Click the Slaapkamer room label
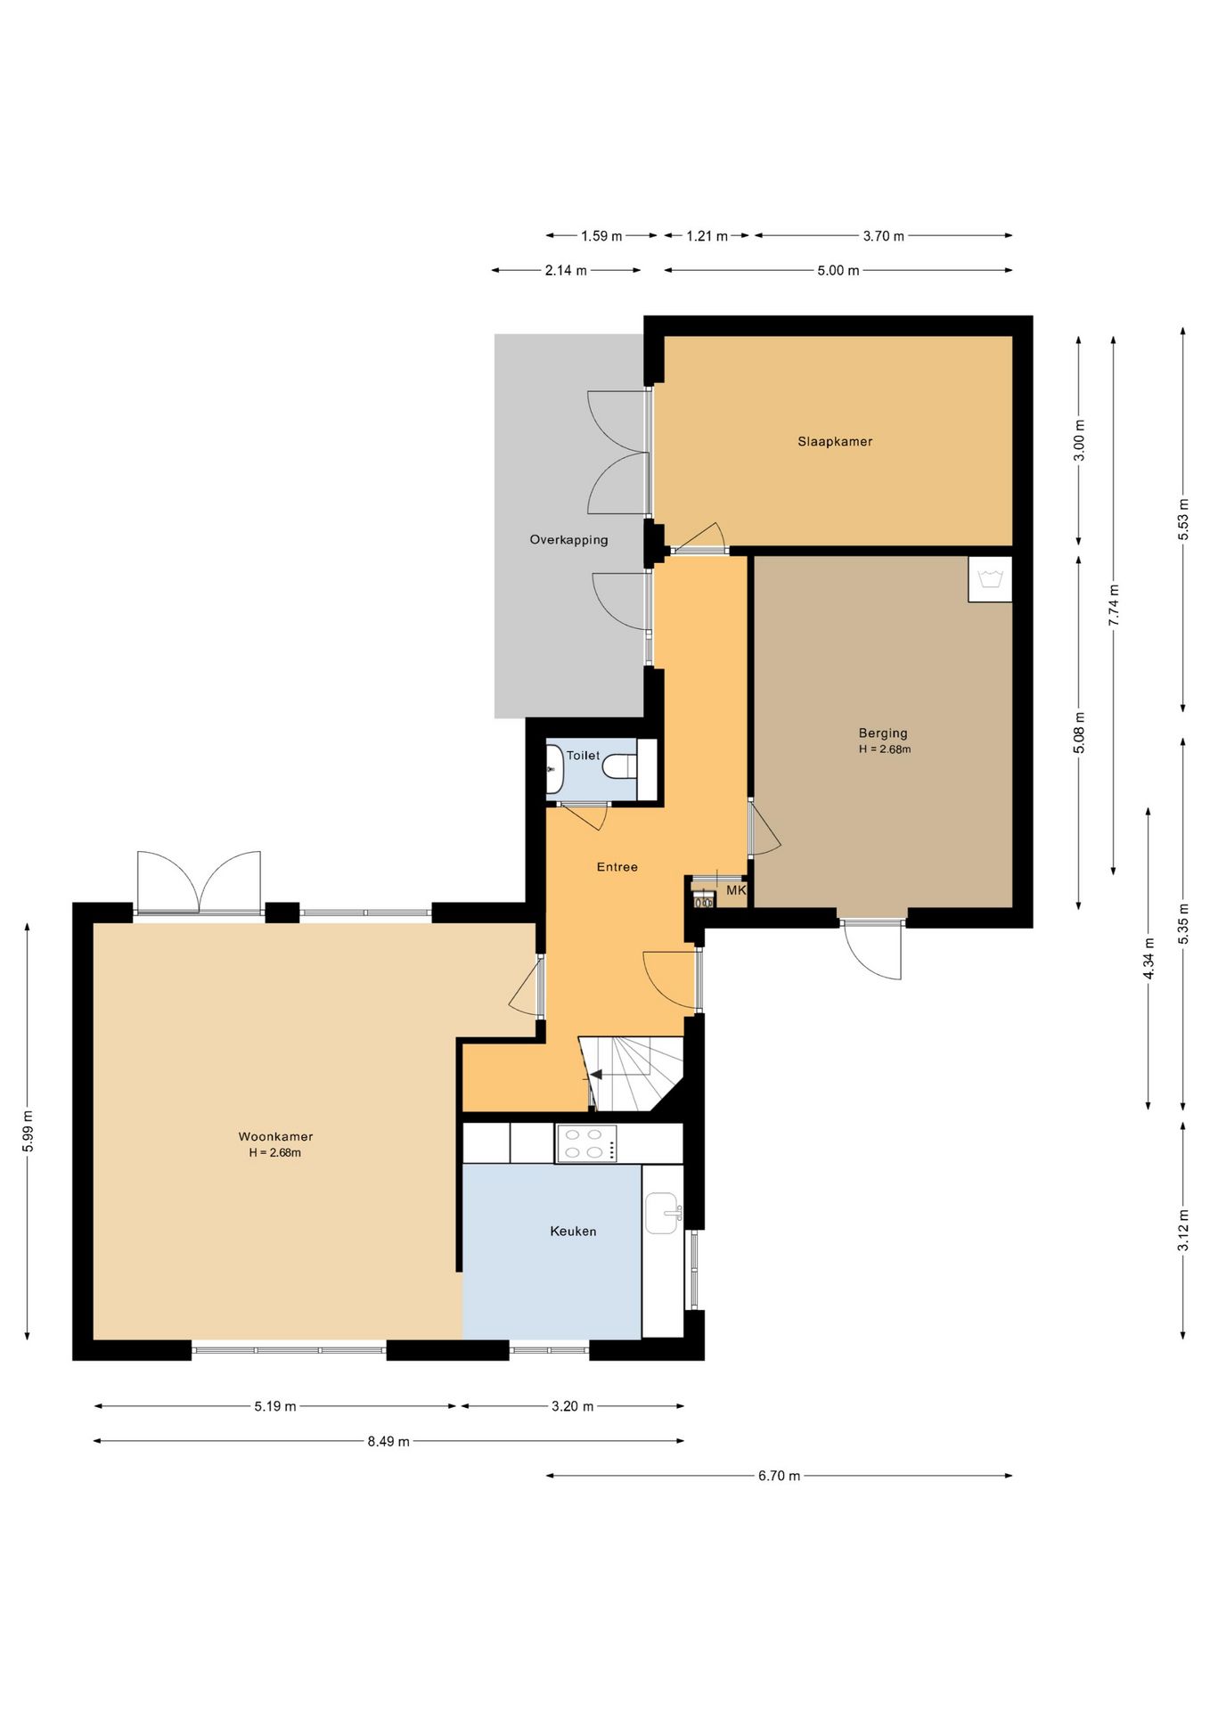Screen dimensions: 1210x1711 tap(835, 441)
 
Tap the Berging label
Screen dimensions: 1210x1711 tap(883, 733)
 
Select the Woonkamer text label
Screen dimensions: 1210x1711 tap(275, 1136)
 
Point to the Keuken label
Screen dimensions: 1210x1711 tap(573, 1231)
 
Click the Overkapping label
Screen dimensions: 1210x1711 tap(568, 539)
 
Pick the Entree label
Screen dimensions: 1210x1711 tap(617, 866)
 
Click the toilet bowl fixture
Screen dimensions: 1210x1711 tap(621, 765)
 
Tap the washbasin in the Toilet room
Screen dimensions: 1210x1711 tap(554, 768)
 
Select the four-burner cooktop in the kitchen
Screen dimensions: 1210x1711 tap(587, 1143)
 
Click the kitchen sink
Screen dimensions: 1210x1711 tap(663, 1213)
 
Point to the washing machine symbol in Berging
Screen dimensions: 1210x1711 tap(990, 579)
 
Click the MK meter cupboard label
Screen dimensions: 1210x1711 tap(736, 890)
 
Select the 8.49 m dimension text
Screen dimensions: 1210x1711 tap(388, 1441)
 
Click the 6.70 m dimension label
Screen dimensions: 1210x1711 tap(779, 1476)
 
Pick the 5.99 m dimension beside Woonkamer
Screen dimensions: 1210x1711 tap(28, 1131)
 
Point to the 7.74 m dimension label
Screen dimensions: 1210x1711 tap(1114, 604)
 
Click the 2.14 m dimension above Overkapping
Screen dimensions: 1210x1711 tap(566, 270)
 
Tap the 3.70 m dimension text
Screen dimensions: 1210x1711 tap(883, 236)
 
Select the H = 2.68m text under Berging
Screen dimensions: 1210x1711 tap(884, 749)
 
